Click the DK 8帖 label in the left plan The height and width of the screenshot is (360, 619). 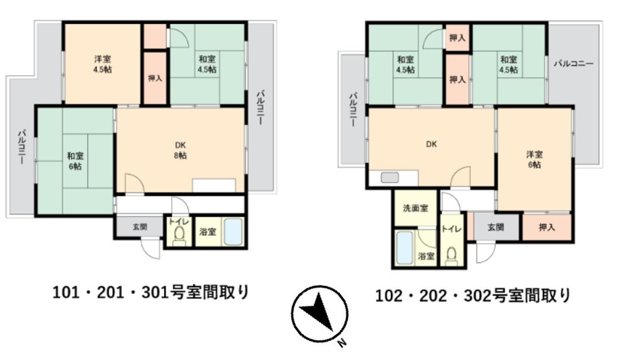tap(180, 150)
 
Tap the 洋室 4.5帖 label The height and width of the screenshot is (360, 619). tap(103, 64)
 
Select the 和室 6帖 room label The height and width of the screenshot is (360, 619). tap(75, 161)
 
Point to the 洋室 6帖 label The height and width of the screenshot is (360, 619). tap(534, 160)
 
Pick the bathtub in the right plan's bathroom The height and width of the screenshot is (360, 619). tap(405, 247)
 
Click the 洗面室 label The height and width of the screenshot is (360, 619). tap(415, 208)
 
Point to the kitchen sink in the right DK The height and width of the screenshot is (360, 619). tap(390, 178)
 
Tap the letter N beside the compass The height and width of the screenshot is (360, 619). tap(342, 343)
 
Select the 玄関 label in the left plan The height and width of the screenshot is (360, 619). tap(140, 226)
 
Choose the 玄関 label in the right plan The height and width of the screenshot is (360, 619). tap(496, 227)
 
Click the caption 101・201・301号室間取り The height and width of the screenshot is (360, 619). tap(151, 293)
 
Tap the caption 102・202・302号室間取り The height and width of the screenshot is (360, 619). tap(473, 295)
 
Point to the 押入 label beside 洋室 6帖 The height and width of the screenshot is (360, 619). tap(547, 227)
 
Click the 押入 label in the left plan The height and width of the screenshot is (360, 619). tap(155, 78)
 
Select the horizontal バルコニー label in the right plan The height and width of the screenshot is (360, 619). tap(574, 64)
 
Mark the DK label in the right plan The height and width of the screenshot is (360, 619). tap(431, 144)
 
